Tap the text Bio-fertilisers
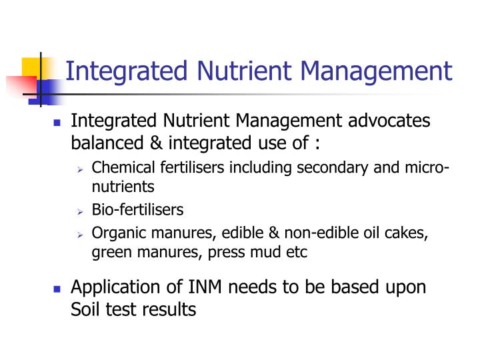pyautogui.click(x=137, y=210)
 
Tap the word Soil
pyautogui.click(x=84, y=309)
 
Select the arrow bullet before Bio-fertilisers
pyautogui.click(x=79, y=211)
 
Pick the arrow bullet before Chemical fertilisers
pyautogui.click(x=79, y=169)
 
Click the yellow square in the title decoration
pyautogui.click(x=32, y=67)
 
